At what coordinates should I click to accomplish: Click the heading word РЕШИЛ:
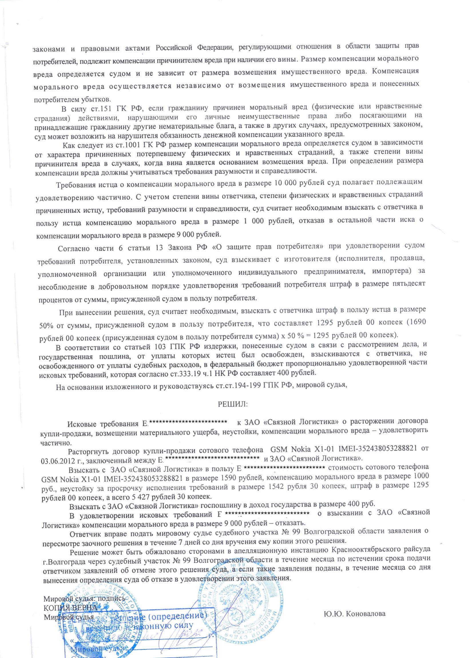click(x=232, y=404)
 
